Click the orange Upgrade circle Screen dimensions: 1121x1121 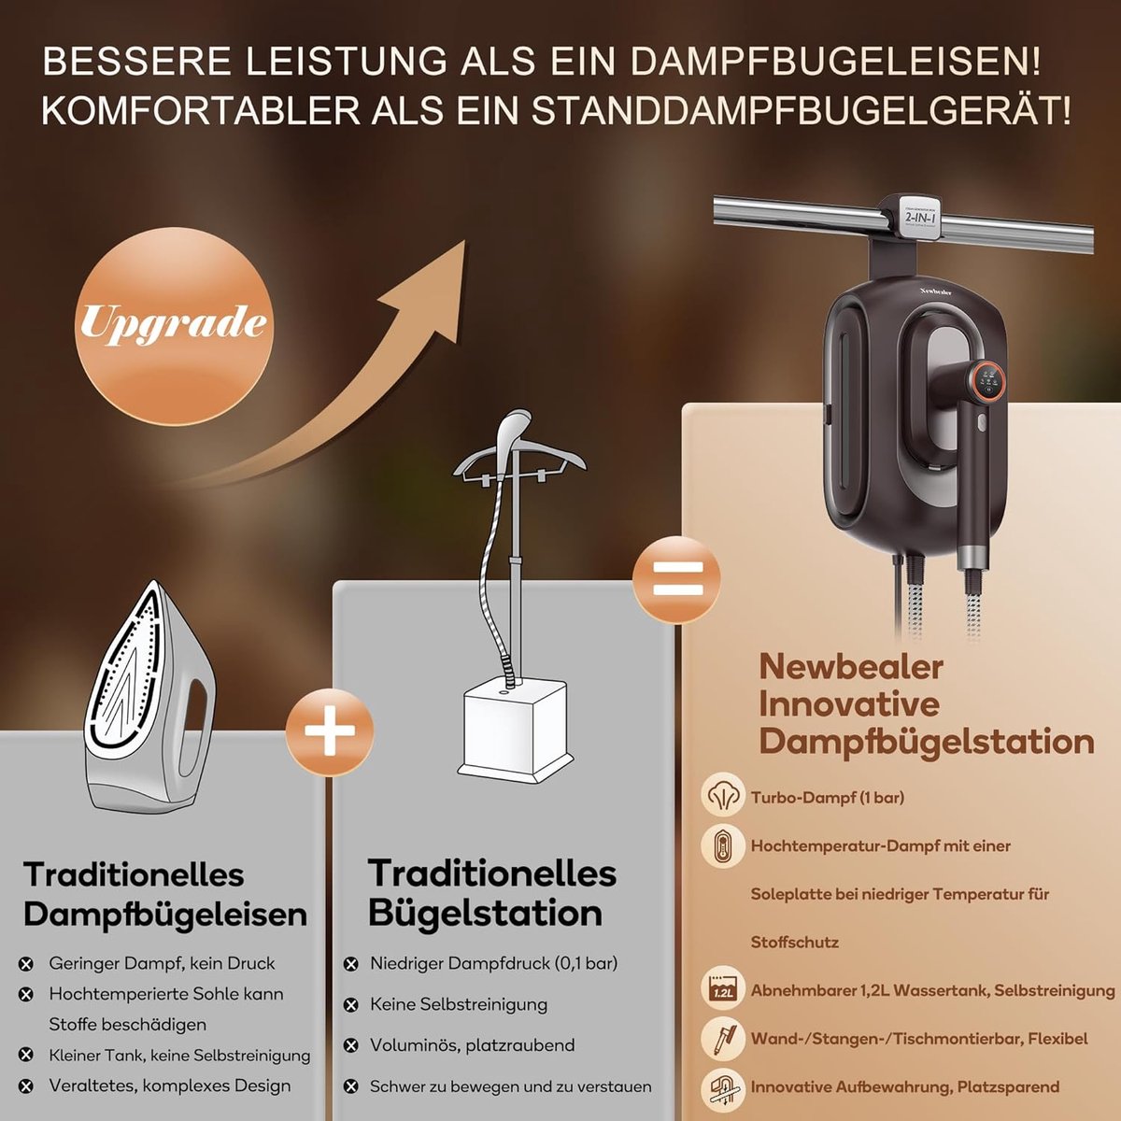click(x=175, y=326)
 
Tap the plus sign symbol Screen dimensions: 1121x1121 click(x=329, y=731)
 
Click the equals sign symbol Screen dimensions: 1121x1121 click(x=677, y=579)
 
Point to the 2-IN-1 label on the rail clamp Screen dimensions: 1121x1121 click(x=919, y=218)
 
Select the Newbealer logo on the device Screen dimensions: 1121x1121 click(x=935, y=291)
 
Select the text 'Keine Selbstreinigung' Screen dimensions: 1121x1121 click(x=459, y=1004)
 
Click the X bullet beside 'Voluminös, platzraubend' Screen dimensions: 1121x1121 click(x=351, y=1045)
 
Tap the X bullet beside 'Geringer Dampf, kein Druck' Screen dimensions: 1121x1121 click(x=25, y=964)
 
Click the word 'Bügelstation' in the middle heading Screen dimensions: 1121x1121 click(x=486, y=914)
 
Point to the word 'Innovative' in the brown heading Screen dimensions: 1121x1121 click(x=849, y=703)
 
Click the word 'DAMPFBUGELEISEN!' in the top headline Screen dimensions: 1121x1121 click(x=835, y=62)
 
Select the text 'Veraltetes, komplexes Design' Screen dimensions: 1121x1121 click(x=170, y=1086)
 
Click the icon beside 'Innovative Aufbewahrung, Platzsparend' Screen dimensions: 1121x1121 click(x=723, y=1087)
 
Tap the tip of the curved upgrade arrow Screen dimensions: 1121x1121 click(x=464, y=241)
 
